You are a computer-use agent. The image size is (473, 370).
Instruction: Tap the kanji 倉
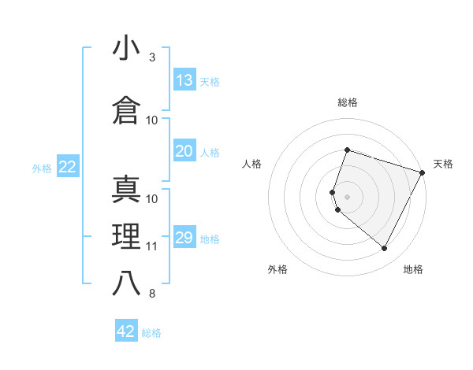coord(126,111)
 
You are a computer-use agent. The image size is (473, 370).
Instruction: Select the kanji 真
coord(126,190)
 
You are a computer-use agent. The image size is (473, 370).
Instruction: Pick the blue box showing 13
coord(184,80)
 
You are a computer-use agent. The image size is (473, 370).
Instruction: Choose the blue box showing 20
coord(184,151)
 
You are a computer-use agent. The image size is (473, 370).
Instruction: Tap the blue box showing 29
coord(184,238)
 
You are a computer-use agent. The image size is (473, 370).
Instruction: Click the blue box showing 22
coord(68,167)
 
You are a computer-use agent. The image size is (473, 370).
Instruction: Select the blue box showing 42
coord(126,331)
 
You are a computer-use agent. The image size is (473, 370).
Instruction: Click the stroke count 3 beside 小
coord(152,57)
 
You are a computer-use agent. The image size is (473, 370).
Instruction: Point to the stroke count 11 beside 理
coord(152,246)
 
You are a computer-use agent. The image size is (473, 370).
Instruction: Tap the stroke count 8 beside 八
coord(152,294)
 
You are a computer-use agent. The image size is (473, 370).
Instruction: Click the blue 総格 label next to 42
coord(151,333)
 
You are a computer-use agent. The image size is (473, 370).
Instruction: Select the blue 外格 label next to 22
coord(42,168)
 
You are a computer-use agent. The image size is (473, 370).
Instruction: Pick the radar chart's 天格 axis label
coord(443,164)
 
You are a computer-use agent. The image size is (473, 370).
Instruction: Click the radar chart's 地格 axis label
coord(413,269)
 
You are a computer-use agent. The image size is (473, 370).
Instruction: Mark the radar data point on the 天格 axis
coord(423,172)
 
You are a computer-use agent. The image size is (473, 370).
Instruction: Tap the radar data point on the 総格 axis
coord(347,150)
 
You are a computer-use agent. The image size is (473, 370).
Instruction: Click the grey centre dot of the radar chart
coord(347,196)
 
